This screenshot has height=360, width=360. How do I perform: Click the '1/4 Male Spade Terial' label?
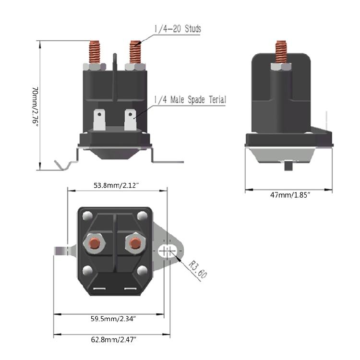point(190,100)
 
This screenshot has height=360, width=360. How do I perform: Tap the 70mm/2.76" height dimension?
point(34,106)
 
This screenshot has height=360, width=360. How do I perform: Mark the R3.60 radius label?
point(195,270)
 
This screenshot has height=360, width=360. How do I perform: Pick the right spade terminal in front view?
point(130,120)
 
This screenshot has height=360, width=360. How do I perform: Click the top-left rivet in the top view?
point(87,216)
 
